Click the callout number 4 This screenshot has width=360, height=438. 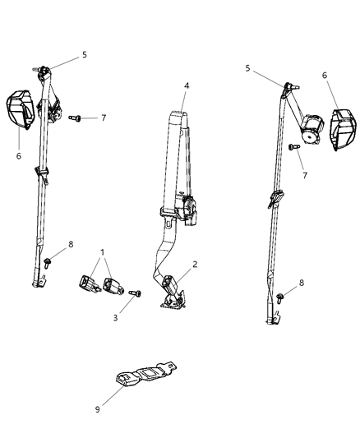click(x=186, y=85)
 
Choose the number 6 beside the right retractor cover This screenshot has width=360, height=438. click(x=325, y=76)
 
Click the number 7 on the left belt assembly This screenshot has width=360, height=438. click(x=103, y=118)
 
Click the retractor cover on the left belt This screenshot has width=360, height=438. click(x=21, y=110)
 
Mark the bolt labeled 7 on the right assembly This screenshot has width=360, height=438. click(x=292, y=147)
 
